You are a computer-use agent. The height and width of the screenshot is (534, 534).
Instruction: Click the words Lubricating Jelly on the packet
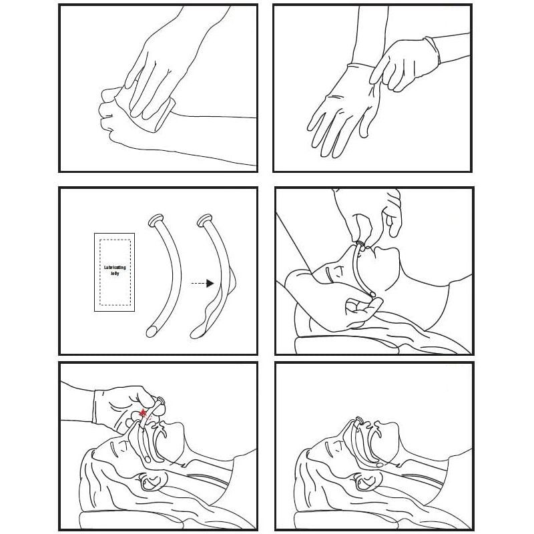tap(115, 270)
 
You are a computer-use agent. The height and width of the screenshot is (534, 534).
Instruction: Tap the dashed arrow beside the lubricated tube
tap(202, 283)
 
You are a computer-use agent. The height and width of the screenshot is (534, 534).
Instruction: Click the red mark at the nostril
tap(144, 413)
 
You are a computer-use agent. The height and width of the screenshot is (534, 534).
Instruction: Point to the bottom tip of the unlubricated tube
tap(150, 332)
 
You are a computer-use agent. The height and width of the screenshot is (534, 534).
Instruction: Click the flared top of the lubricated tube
tap(206, 220)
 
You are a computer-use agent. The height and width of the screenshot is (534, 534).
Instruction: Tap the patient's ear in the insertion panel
tap(150, 481)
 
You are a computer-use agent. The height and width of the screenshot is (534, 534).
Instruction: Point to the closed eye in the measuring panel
tap(330, 274)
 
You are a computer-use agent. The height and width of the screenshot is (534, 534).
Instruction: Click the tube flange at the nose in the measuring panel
tap(360, 244)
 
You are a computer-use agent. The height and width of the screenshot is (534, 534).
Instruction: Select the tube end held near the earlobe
tap(372, 292)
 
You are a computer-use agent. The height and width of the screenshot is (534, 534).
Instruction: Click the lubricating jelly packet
tap(114, 272)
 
